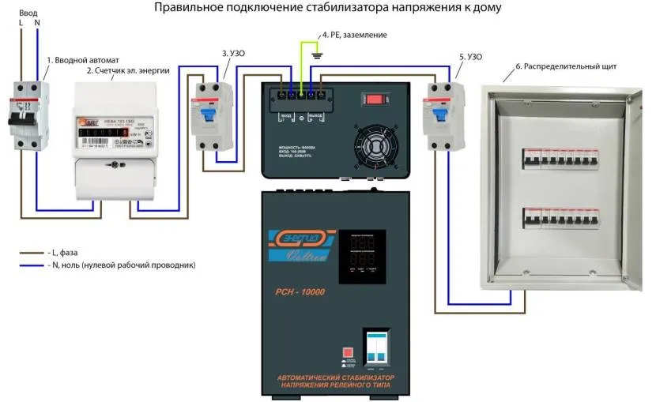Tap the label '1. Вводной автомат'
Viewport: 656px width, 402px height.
tap(85, 60)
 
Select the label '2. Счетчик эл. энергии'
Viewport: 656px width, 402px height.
tap(128, 71)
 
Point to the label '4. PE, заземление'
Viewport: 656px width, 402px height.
tap(354, 36)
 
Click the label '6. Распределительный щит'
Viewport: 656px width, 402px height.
tap(565, 66)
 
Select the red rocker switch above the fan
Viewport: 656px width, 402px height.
tap(372, 100)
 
